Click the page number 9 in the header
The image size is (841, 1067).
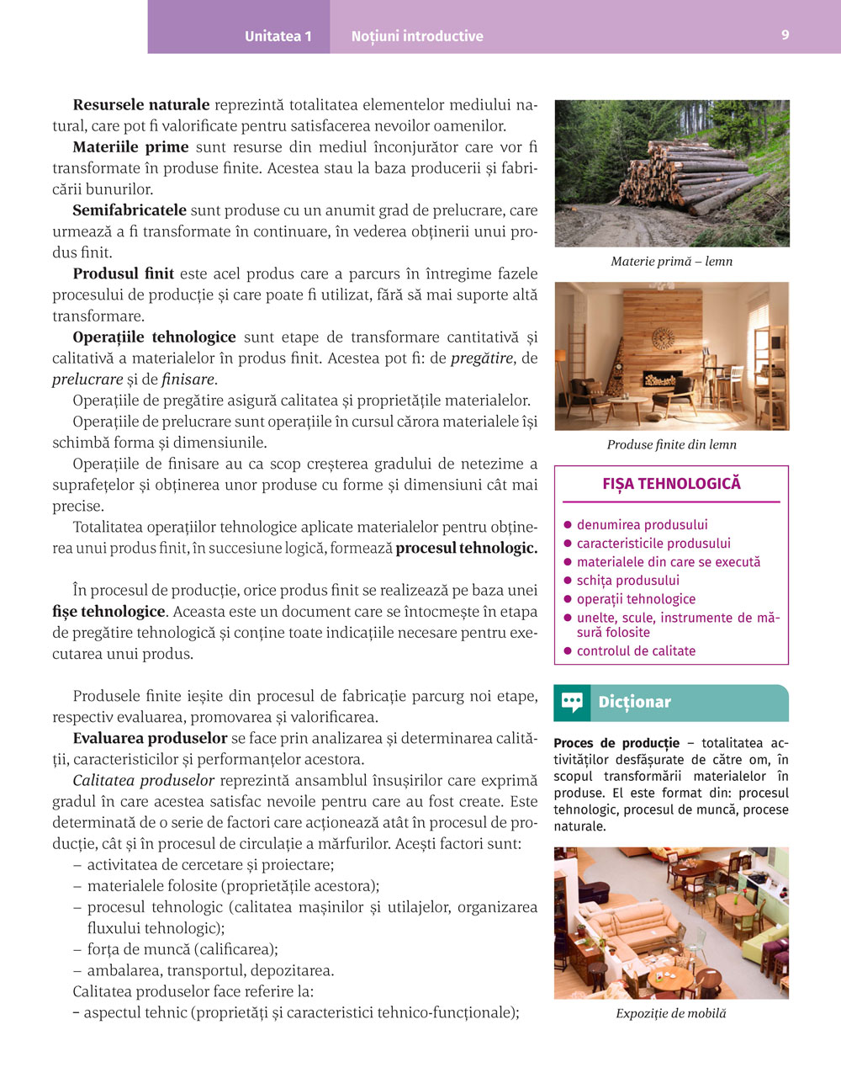click(785, 35)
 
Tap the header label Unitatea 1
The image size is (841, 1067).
click(278, 36)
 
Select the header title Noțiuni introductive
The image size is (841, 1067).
click(417, 36)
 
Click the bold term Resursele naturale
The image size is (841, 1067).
click(141, 105)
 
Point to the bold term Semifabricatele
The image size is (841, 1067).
click(130, 210)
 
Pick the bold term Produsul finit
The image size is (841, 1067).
click(124, 273)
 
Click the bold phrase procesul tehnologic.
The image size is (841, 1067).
click(467, 548)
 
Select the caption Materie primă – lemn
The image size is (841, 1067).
click(671, 262)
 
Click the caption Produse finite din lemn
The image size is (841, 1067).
click(671, 444)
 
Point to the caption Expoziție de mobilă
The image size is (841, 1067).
click(671, 1013)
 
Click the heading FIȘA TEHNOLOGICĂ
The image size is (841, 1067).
click(671, 484)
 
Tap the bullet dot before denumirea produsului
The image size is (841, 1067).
click(568, 525)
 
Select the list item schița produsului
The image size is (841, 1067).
click(627, 581)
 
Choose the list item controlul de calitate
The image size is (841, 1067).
click(636, 651)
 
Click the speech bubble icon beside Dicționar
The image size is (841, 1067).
click(573, 703)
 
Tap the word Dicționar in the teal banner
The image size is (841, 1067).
click(635, 703)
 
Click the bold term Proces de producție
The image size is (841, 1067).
click(616, 743)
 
